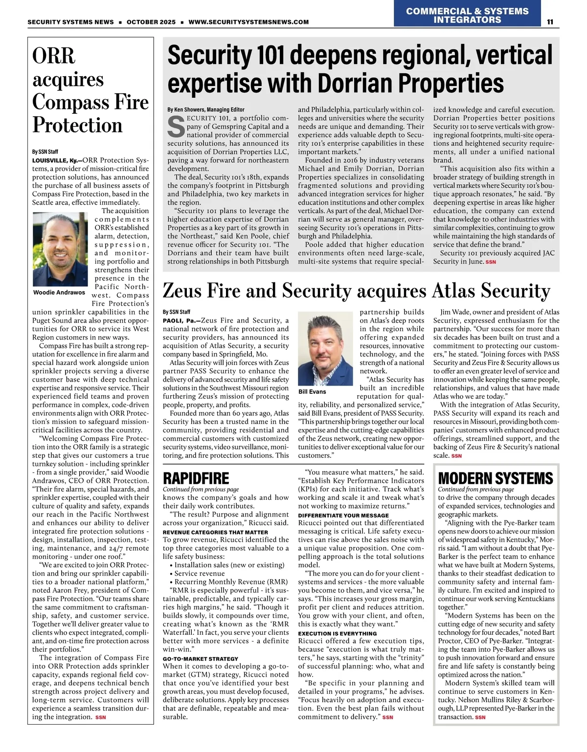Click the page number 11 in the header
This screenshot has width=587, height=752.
tap(550, 21)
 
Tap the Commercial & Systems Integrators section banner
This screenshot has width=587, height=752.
tap(467, 15)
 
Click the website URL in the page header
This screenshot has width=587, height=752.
tap(248, 22)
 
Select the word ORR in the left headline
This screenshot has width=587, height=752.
tap(54, 56)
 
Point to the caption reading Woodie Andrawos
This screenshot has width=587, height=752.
tap(59, 292)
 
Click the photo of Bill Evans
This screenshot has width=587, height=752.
tap(326, 349)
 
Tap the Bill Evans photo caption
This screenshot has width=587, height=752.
tap(312, 391)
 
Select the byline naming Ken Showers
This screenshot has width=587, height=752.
tap(206, 109)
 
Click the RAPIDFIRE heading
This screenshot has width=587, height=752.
tap(196, 477)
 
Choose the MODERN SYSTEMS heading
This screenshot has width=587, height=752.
tap(495, 477)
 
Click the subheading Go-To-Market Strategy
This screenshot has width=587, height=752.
tap(201, 659)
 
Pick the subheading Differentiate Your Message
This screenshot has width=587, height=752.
tap(343, 515)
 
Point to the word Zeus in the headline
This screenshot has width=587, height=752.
tap(183, 291)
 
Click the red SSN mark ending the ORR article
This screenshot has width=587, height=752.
tap(100, 717)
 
